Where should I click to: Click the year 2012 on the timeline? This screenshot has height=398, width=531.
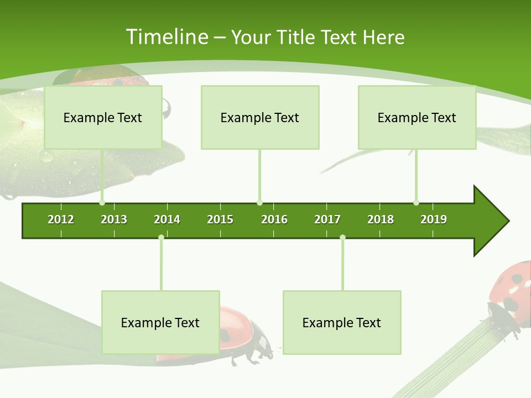click(61, 219)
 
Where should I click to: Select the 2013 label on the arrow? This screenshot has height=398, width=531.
click(114, 219)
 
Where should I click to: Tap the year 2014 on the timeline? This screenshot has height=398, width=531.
click(167, 219)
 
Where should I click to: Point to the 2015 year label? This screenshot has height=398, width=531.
click(220, 219)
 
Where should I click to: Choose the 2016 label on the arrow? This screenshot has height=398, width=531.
click(274, 219)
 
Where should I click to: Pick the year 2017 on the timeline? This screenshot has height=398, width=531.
click(327, 219)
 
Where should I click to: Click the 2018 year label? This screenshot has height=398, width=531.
click(381, 219)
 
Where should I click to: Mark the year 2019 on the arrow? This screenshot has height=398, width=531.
click(434, 219)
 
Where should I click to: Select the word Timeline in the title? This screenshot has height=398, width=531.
click(166, 37)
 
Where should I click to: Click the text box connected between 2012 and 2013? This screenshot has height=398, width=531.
click(103, 117)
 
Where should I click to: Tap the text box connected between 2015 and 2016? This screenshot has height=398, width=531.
click(260, 117)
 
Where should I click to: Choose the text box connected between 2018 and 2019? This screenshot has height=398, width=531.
click(417, 117)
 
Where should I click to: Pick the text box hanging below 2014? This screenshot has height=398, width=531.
click(160, 322)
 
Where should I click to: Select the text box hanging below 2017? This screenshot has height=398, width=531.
click(342, 322)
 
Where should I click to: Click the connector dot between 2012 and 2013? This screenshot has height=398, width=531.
click(102, 203)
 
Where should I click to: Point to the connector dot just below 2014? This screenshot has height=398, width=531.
click(161, 238)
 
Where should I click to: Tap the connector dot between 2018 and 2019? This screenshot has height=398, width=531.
click(416, 203)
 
